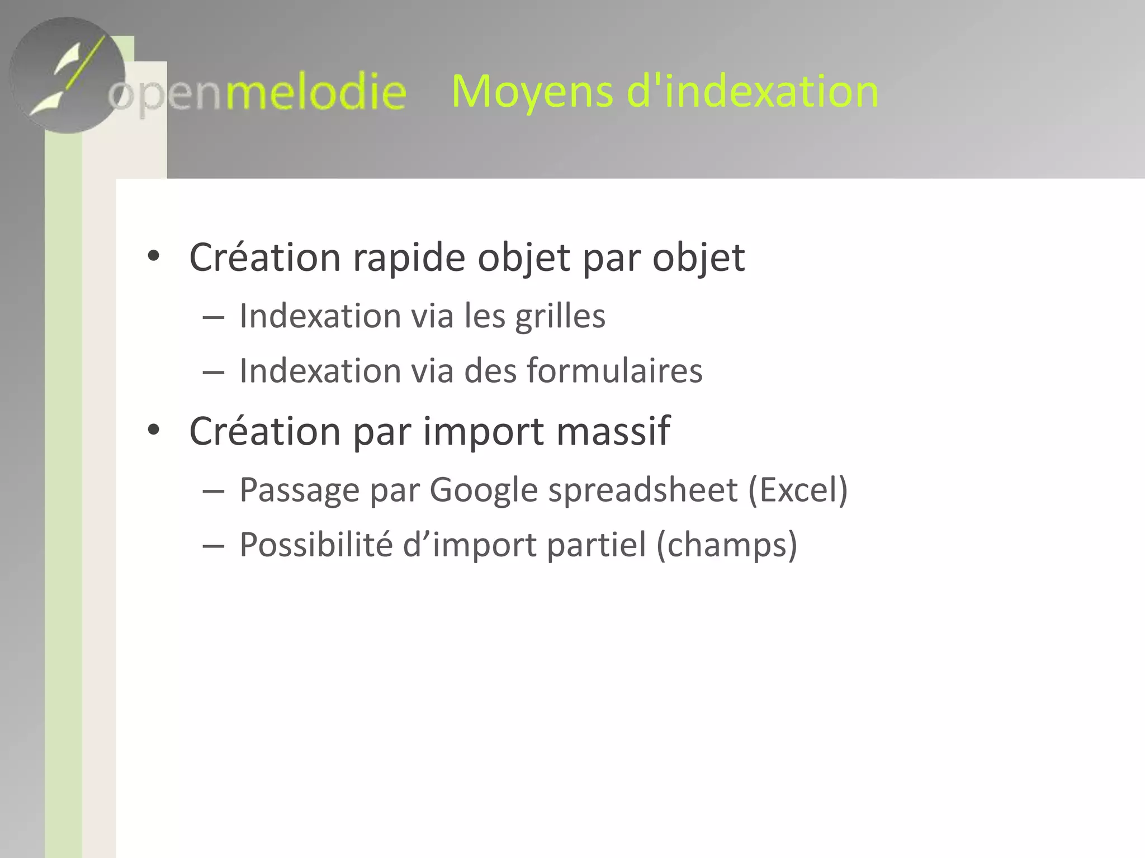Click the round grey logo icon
[67, 75]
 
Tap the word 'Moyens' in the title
[532, 92]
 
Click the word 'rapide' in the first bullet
[409, 258]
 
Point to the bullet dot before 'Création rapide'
[153, 256]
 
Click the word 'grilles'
[560, 316]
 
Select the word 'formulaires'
[614, 370]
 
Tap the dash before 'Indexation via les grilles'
[213, 317]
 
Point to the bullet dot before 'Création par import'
[153, 430]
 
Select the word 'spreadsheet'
[643, 490]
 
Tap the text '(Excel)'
[798, 490]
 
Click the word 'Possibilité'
[316, 545]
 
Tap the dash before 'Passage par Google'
[213, 492]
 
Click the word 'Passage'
[300, 490]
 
